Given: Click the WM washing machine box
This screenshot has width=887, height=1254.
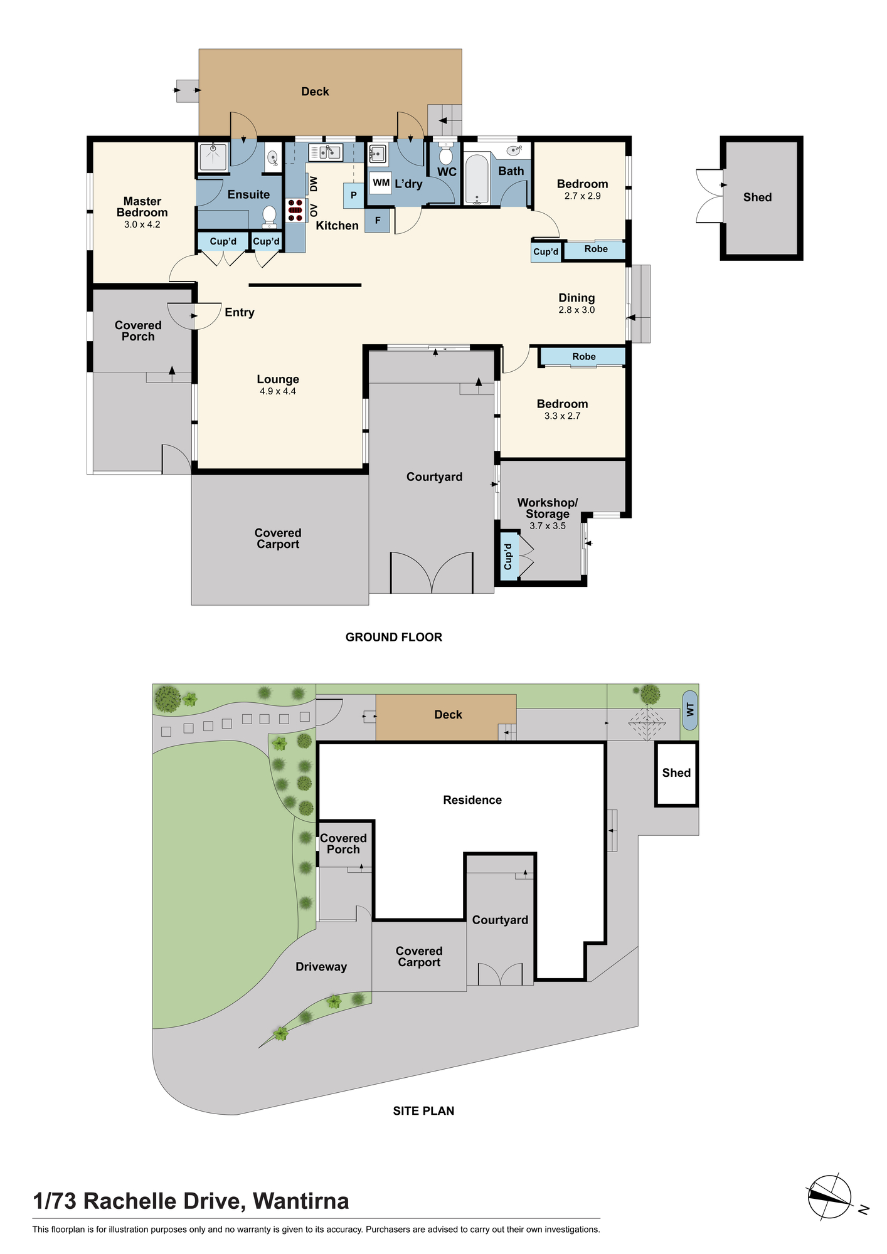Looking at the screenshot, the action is point(381,183).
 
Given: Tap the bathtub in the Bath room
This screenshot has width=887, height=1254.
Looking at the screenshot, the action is point(477,179).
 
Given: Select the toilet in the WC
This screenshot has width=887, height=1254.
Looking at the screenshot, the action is point(446,154).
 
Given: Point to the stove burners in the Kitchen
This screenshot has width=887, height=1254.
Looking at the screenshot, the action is point(295,210).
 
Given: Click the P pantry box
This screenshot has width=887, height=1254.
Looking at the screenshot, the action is point(354,196).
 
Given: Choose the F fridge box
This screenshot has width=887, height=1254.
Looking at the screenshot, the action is point(377,221).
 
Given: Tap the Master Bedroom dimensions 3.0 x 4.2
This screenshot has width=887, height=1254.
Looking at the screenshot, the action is point(142,224).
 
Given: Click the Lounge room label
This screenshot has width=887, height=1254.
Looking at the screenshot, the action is point(278,379).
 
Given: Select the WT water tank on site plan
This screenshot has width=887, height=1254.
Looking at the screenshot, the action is point(690,710).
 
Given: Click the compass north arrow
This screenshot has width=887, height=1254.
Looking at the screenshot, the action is point(830,1197).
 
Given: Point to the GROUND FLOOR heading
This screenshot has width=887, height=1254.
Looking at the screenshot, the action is point(394,637).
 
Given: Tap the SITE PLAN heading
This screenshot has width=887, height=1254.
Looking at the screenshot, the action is point(423,1111).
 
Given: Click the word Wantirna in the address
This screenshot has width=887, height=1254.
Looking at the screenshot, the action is point(301,1201).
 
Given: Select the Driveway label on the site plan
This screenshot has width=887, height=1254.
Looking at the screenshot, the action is point(321,967).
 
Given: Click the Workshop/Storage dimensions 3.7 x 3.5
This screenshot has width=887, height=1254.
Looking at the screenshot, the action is point(548,526).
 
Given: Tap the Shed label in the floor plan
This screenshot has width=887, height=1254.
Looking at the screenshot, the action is point(757,198).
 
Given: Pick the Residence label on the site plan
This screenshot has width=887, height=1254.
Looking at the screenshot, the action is point(472,800).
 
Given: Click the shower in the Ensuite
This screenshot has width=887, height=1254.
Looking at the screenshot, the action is point(213,157).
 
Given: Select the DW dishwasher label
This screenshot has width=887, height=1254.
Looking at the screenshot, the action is point(314,184).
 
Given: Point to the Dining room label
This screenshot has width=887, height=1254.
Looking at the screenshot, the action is point(576,298).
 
